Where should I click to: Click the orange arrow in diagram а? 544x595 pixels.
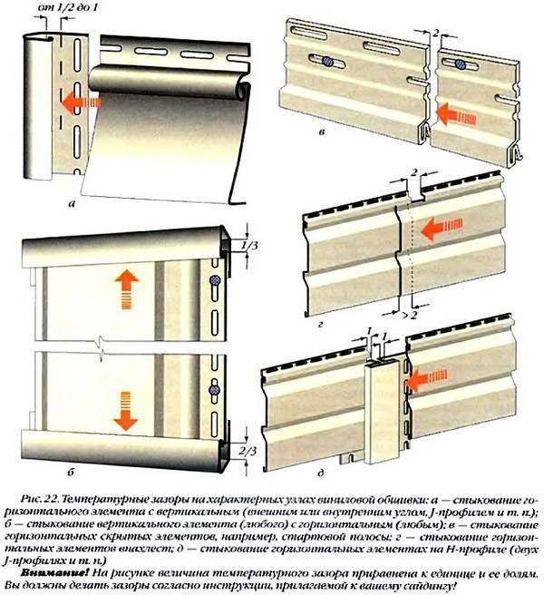(x=82, y=102)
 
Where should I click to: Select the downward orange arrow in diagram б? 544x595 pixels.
(x=125, y=411)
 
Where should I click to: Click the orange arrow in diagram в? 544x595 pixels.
(x=456, y=114)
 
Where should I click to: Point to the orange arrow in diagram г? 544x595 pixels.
(x=442, y=229)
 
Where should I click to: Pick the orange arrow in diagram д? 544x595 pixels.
(x=427, y=380)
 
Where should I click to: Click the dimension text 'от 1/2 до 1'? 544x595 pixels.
(x=67, y=8)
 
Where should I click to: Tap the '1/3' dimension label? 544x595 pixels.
(x=249, y=246)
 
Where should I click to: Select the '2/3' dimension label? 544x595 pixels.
(x=248, y=451)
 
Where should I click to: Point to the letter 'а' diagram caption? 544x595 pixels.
(x=71, y=205)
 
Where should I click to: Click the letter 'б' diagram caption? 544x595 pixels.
(x=71, y=472)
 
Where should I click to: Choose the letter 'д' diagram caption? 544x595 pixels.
(x=321, y=473)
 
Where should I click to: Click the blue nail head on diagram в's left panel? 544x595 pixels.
(x=327, y=61)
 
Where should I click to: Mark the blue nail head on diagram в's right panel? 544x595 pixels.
(x=461, y=64)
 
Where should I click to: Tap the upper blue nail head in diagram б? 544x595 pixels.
(x=215, y=280)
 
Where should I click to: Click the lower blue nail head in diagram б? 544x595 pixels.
(x=214, y=390)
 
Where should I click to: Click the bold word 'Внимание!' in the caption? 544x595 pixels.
(x=55, y=572)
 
